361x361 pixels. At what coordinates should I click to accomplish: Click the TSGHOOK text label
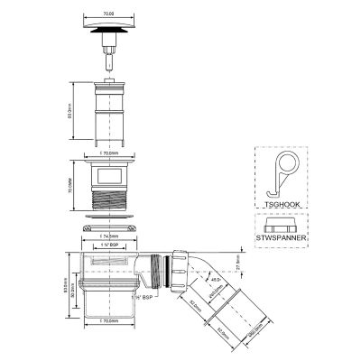pyautogui.click(x=279, y=205)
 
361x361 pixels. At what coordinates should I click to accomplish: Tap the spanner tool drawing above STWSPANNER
pyautogui.click(x=279, y=222)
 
